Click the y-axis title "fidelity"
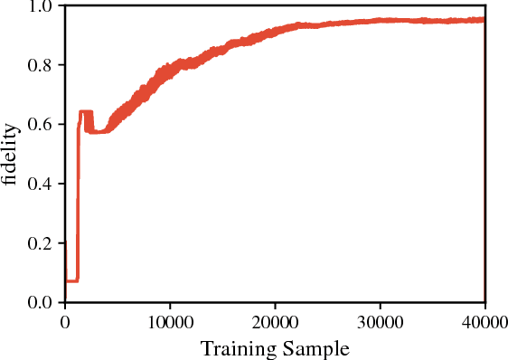tap(10, 155)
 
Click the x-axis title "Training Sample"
tap(275, 348)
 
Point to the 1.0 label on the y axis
tap(43, 6)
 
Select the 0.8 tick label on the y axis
tap(43, 65)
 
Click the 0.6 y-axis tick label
tap(43, 125)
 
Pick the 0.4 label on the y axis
tap(43, 185)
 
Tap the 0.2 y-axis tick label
tap(43, 243)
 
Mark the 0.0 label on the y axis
tap(43, 303)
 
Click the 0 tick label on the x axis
tap(65, 320)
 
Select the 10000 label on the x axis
tap(170, 320)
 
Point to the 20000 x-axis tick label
tap(276, 320)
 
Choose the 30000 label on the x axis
tap(381, 320)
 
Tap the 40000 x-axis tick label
tap(485, 320)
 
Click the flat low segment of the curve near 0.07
tap(71, 280)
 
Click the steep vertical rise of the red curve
tap(79, 199)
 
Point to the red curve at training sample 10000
tap(170, 69)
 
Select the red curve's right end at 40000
tap(484, 20)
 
